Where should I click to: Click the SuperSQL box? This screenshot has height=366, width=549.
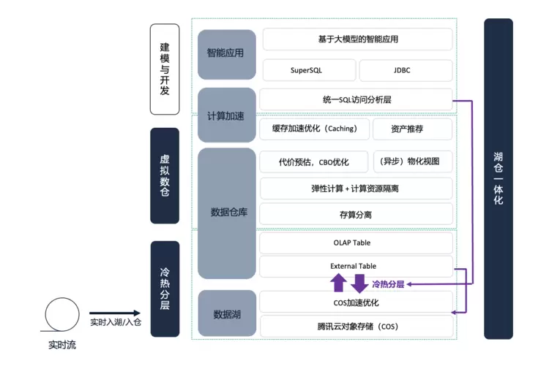(x=307, y=71)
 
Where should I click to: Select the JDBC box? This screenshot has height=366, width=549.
(x=406, y=71)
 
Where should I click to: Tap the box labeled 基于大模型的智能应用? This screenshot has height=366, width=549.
(x=357, y=39)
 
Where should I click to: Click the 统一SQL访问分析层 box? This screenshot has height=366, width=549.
(x=356, y=99)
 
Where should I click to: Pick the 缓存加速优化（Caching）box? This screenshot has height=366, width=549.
(x=314, y=129)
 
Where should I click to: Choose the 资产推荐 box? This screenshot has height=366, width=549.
(x=412, y=129)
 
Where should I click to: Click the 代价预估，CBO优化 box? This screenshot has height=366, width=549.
(x=314, y=161)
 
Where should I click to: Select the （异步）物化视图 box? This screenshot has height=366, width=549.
(x=412, y=161)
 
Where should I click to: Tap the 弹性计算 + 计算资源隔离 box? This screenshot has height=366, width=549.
(x=356, y=188)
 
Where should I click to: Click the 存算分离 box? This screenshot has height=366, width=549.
(x=356, y=214)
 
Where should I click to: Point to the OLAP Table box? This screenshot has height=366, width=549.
(x=356, y=243)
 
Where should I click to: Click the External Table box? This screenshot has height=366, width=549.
(x=356, y=266)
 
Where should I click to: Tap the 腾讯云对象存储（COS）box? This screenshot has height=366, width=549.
(x=356, y=326)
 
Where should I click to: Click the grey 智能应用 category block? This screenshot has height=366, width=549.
(x=226, y=54)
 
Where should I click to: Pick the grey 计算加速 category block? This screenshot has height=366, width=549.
(x=226, y=115)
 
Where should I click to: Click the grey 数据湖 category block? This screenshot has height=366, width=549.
(x=226, y=314)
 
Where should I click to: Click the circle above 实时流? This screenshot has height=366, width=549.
(x=62, y=314)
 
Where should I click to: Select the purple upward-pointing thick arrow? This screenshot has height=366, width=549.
(x=338, y=283)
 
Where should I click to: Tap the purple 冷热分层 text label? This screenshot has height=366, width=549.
(x=388, y=284)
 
